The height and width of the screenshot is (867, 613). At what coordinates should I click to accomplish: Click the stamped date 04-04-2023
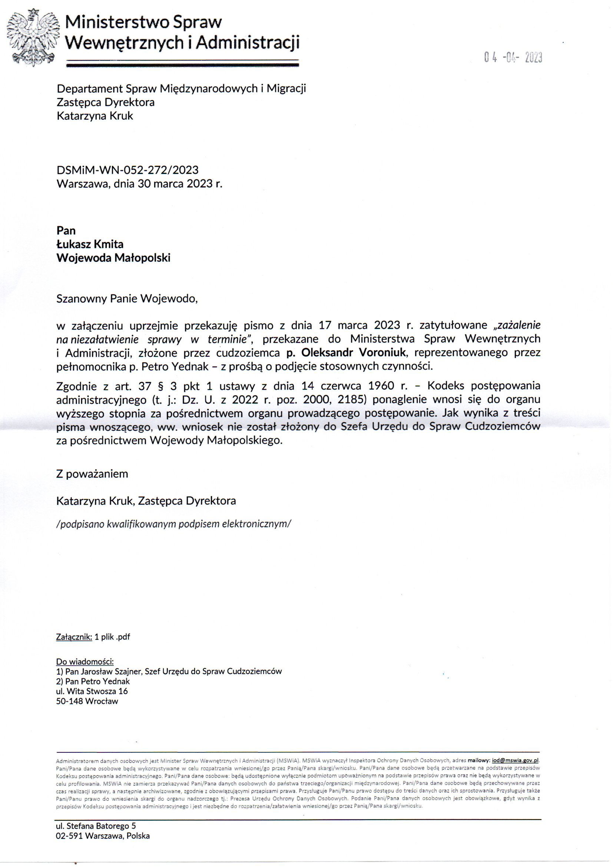(513, 57)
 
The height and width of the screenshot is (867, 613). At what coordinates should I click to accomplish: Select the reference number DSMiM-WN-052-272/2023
(127, 170)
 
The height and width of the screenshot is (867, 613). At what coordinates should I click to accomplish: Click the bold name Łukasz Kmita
(90, 244)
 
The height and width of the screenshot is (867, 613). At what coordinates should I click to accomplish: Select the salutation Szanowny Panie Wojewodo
(127, 299)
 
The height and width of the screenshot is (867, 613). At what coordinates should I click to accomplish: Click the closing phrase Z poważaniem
(92, 474)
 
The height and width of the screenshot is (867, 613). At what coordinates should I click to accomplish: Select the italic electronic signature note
(173, 524)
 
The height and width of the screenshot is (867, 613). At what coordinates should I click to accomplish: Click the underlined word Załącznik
(74, 637)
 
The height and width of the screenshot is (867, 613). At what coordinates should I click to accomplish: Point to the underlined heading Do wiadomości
(85, 662)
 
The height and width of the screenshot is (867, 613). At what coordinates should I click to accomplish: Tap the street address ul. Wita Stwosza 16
(92, 691)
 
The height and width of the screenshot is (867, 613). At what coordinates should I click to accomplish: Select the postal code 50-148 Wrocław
(87, 701)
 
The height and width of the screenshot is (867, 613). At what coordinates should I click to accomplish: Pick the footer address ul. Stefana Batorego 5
(96, 826)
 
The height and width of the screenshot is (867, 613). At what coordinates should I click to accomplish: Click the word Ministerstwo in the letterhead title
(117, 23)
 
